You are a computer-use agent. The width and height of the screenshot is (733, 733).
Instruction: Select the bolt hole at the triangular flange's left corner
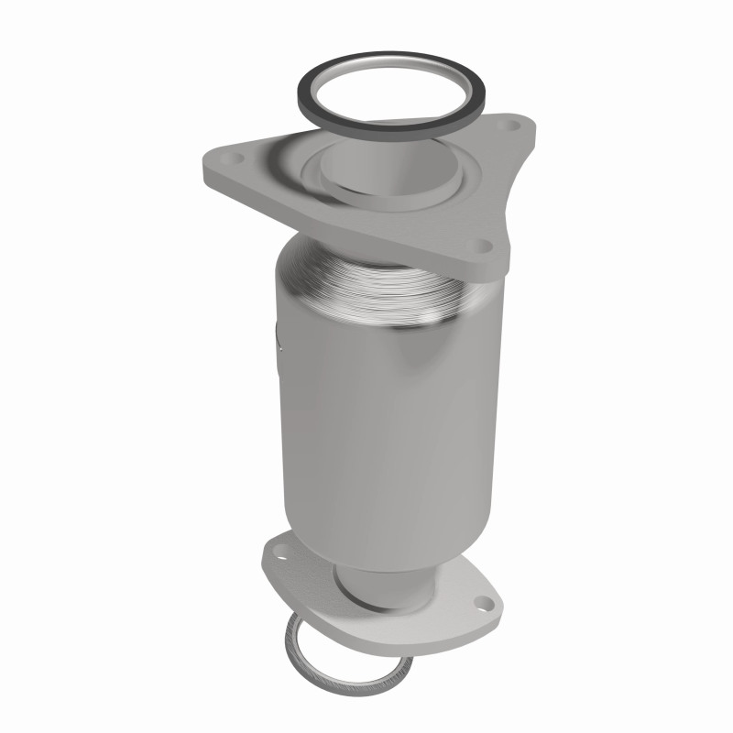225,160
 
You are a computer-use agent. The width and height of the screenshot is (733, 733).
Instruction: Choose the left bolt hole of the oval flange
279,552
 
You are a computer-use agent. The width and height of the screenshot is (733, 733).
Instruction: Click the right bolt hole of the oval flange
481,604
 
